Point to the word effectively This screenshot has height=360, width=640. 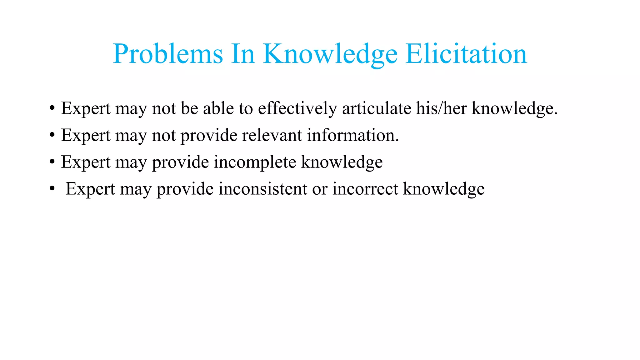(x=297, y=108)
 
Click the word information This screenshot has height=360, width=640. (x=352, y=135)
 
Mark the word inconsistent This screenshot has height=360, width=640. (x=263, y=189)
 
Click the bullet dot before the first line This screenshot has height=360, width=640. (x=52, y=109)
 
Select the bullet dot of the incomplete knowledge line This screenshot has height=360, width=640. (x=52, y=162)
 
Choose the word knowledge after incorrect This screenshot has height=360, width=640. (x=444, y=189)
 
